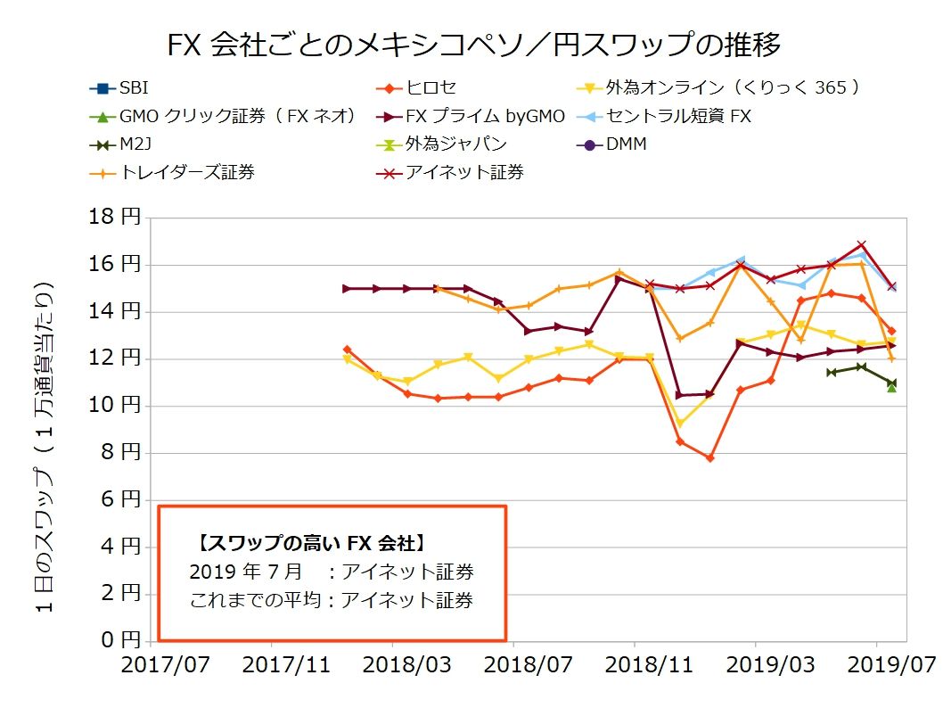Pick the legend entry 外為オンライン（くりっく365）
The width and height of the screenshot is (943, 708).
[731, 87]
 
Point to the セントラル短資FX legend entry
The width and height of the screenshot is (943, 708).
[677, 116]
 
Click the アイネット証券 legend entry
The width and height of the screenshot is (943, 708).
[463, 172]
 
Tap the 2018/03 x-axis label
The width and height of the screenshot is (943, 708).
[392, 665]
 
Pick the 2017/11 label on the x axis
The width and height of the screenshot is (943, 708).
[271, 665]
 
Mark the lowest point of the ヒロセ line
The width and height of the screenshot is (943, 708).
[710, 458]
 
